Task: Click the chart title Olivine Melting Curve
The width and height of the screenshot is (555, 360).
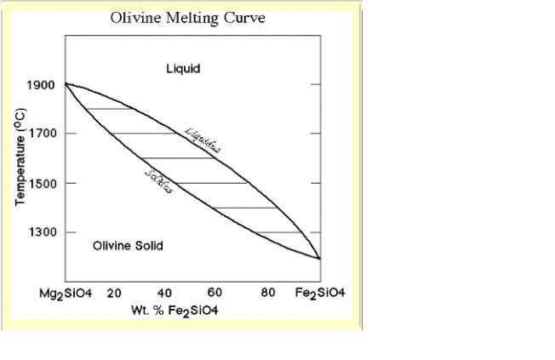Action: click(x=187, y=19)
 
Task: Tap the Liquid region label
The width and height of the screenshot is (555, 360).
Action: click(x=184, y=68)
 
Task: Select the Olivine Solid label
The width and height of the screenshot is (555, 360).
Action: click(x=128, y=246)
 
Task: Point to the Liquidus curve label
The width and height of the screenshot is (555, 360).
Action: click(x=203, y=140)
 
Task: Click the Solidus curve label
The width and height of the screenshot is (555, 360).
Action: click(x=159, y=180)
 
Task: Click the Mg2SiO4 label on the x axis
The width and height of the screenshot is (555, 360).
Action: click(x=66, y=294)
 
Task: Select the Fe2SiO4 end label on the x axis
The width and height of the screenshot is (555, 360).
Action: click(x=320, y=294)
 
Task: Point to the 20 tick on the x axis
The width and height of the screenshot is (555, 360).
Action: click(x=114, y=294)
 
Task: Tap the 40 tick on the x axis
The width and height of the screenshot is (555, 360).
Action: click(x=165, y=294)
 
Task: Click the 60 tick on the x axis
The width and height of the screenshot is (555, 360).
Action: click(x=216, y=294)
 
